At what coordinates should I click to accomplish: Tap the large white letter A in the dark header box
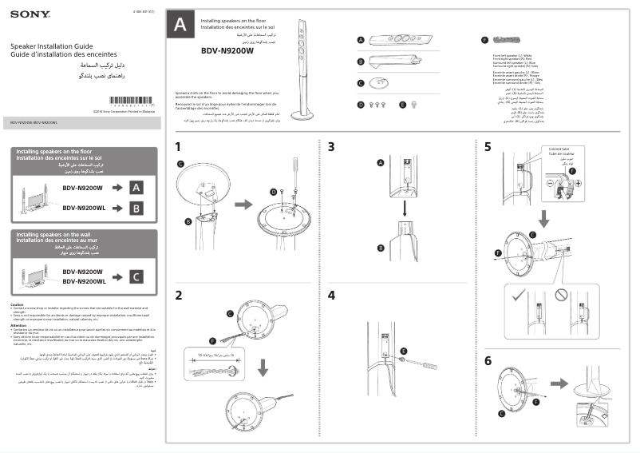click(x=180, y=26)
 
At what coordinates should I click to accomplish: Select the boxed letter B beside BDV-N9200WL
click(x=136, y=209)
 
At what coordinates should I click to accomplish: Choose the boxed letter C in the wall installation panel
click(x=136, y=276)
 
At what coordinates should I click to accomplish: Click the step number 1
click(x=179, y=146)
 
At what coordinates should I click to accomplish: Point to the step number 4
click(x=331, y=295)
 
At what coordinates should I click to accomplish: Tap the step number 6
click(x=488, y=360)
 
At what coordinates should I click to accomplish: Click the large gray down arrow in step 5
click(x=543, y=217)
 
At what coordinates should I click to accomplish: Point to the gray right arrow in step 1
click(x=243, y=204)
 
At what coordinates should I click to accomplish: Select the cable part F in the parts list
click(x=504, y=39)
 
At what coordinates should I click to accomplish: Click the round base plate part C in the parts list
click(x=381, y=81)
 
